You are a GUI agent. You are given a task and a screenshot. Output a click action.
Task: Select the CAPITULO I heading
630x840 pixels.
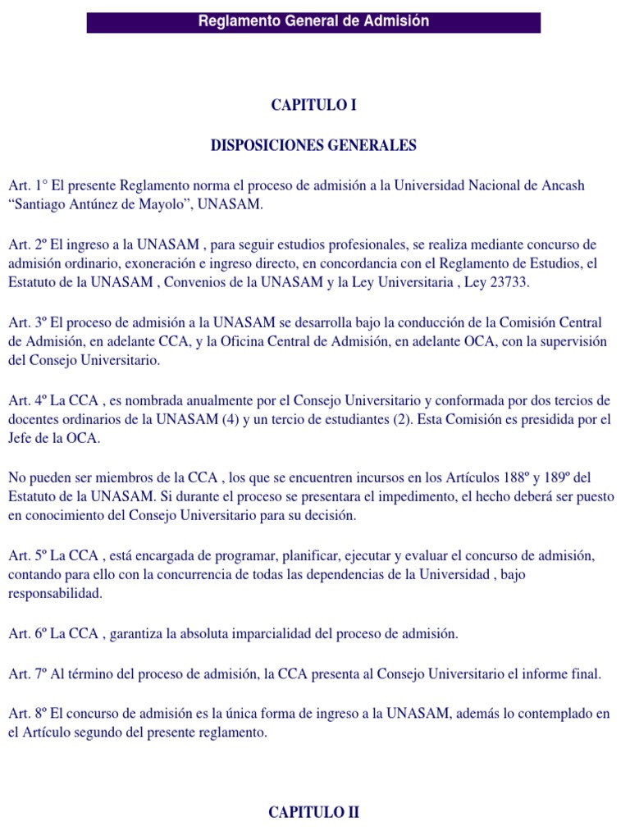coord(314,105)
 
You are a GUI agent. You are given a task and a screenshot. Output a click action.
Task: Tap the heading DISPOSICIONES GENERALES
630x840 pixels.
coord(314,145)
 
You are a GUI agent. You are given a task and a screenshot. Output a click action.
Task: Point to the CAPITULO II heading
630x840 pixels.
coord(314,813)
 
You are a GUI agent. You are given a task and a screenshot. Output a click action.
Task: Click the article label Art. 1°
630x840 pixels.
coord(27,185)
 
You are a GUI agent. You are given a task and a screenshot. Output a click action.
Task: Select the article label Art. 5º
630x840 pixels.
coord(27,556)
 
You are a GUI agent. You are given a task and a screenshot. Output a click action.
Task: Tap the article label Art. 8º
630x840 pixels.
coord(27,714)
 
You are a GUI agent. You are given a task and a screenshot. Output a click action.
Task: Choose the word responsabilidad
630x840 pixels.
coord(56,594)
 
